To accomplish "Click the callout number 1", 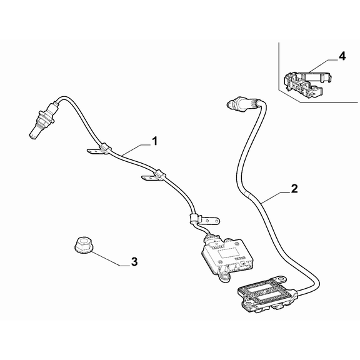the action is click(155, 141).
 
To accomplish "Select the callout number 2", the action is click(294, 189).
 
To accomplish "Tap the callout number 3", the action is click(134, 261).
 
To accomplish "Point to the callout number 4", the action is click(342, 56).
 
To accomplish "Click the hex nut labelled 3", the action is click(83, 246).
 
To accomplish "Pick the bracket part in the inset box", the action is click(307, 82).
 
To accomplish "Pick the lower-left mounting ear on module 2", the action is click(248, 304).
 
